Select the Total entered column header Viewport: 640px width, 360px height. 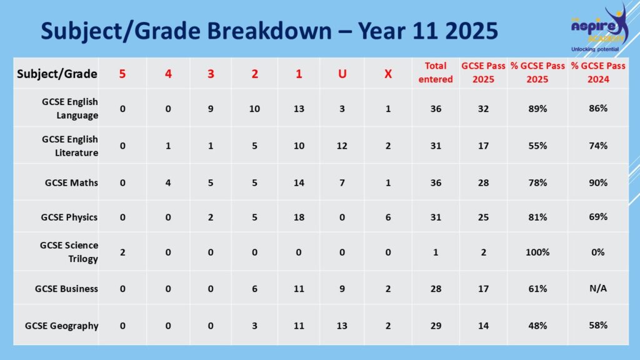click(436, 72)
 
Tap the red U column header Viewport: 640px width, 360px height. click(342, 74)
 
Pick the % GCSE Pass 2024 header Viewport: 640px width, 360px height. click(598, 72)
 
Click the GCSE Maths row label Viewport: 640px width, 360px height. click(71, 182)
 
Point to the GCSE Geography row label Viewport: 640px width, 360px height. click(62, 326)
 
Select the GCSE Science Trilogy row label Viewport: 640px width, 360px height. click(69, 252)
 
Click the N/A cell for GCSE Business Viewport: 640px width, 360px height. click(598, 288)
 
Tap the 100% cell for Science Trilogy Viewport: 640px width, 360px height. click(537, 252)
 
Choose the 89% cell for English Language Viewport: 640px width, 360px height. click(537, 109)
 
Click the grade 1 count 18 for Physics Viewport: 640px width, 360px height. click(299, 217)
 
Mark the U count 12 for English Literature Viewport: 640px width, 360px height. click(342, 146)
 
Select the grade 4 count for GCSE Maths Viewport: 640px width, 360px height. click(168, 182)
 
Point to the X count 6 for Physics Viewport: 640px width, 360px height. click(388, 217)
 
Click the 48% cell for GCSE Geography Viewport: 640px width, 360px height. click(537, 326)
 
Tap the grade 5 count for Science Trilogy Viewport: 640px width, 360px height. click(122, 252)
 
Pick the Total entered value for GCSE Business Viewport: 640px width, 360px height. click(436, 289)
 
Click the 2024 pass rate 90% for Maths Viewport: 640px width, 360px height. click(598, 182)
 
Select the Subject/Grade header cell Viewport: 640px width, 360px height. click(57, 74)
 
